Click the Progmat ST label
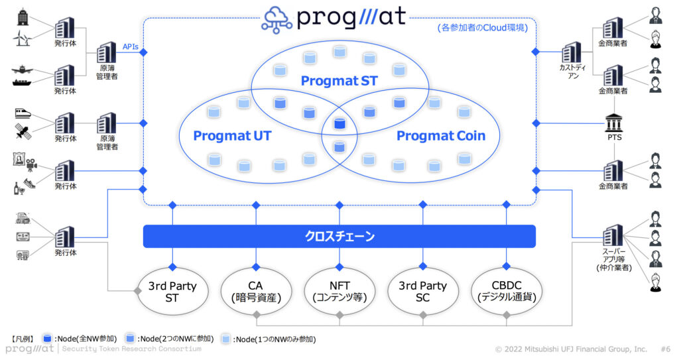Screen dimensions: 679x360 pos(339,81)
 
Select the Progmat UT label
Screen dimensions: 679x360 pos(232,136)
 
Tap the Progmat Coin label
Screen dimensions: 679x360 pos(441,136)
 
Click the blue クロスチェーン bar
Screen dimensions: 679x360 pos(339,237)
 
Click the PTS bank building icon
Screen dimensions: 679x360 pos(614,123)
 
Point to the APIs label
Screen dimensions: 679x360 pos(131,47)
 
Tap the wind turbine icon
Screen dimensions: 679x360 pos(23,38)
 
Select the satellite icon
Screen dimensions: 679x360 pos(23,131)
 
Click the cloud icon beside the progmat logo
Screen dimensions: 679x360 pos(277,19)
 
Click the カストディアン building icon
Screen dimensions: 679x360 pos(572,52)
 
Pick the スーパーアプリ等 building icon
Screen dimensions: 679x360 pos(613,236)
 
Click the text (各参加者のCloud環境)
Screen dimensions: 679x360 pos(483,28)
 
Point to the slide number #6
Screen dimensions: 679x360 pos(666,349)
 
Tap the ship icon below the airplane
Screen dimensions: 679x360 pos(22,82)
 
